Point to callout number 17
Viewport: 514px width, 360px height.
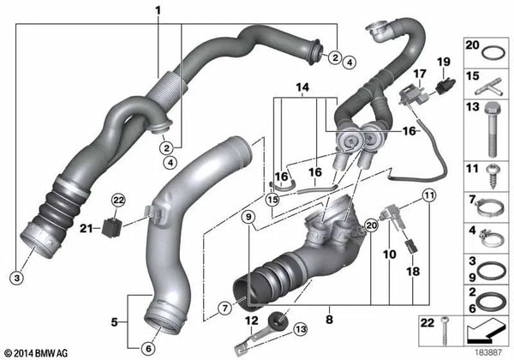click(418, 75)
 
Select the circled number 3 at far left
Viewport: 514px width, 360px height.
click(15, 274)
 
